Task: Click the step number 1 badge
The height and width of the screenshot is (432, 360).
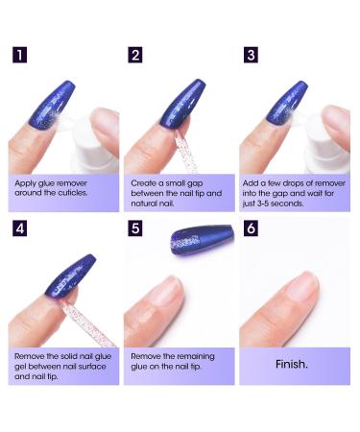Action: point(20,54)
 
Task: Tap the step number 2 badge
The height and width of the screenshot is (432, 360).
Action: point(135,54)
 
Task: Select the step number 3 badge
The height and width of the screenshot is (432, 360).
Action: point(251,54)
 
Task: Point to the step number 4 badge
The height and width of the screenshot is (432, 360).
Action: point(20,230)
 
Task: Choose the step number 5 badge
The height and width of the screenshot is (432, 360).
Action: point(135,230)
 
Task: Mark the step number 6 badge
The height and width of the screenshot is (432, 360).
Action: point(251,230)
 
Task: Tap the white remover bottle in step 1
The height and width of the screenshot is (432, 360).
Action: point(96,125)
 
